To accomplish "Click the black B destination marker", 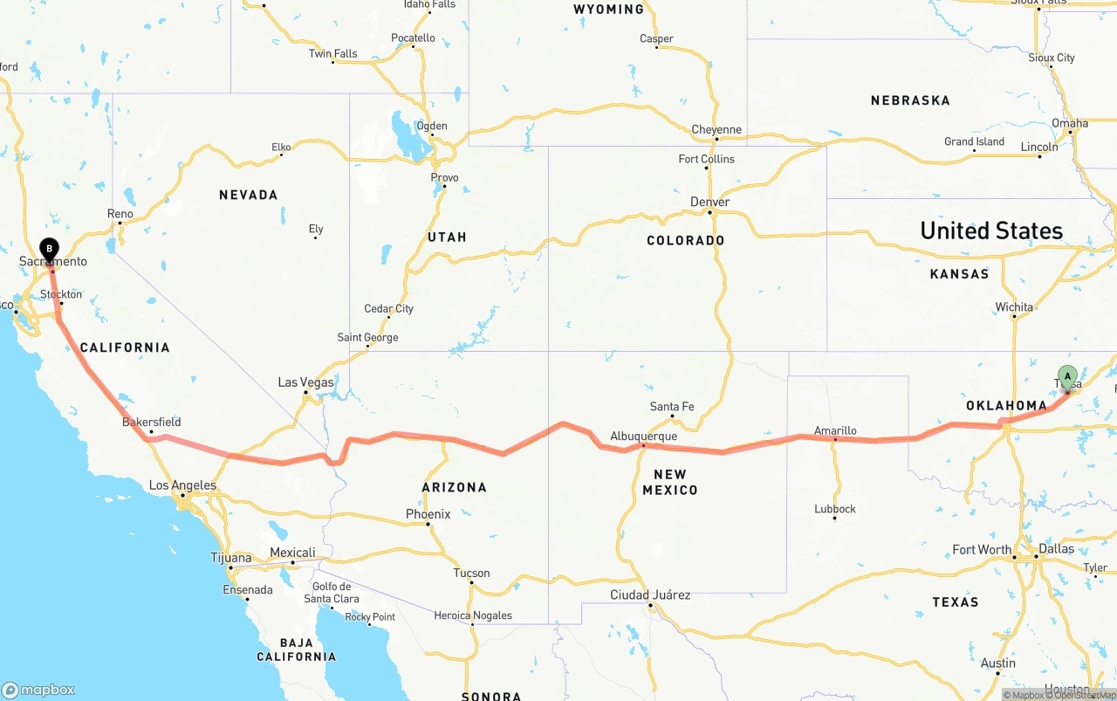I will click(x=50, y=250).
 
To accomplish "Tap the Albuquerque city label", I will click(x=643, y=436).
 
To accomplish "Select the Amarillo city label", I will click(x=835, y=430).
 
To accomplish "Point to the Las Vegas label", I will click(x=305, y=382).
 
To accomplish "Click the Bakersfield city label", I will click(x=152, y=422).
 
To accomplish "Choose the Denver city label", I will click(x=709, y=202).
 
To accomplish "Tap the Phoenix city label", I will click(x=428, y=514).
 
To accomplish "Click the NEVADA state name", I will click(x=249, y=195).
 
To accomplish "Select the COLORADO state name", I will click(x=685, y=240).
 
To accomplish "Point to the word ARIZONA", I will click(x=454, y=487).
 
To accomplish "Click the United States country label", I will click(x=991, y=230).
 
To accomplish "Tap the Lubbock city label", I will click(x=835, y=508).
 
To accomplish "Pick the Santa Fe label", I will click(x=672, y=407).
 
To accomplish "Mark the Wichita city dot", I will click(x=1014, y=316).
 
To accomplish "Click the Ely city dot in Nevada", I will click(x=316, y=237).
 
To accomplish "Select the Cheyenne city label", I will click(x=716, y=130).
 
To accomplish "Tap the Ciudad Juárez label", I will click(x=650, y=595).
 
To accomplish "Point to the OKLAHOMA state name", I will click(x=1006, y=405).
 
